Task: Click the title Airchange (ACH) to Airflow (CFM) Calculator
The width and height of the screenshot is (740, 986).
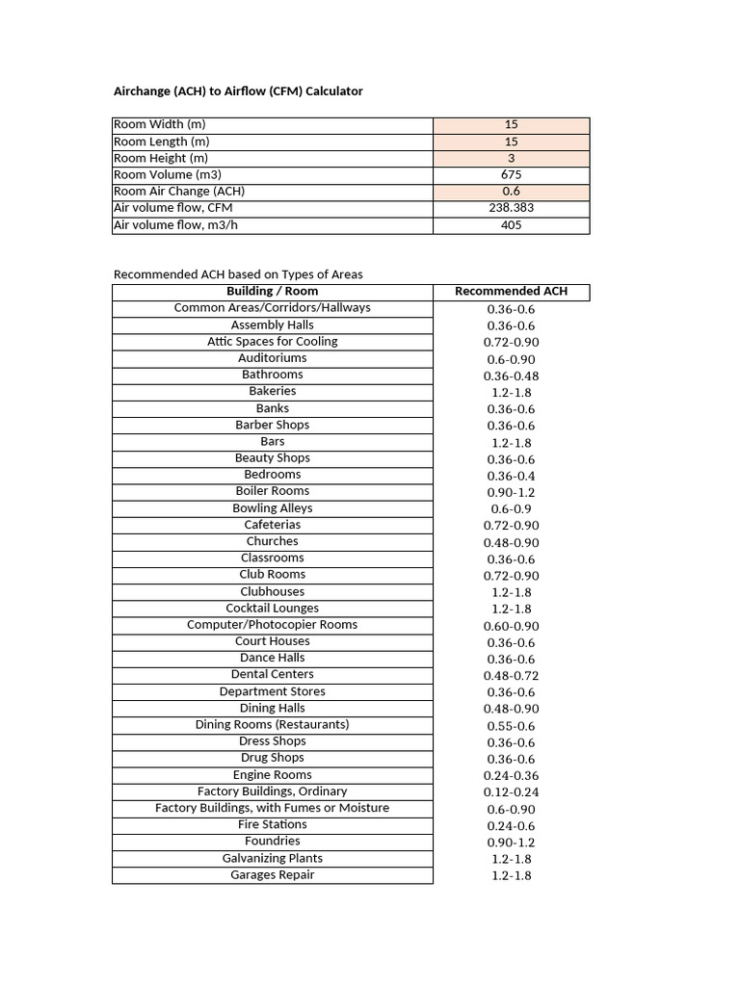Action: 238,91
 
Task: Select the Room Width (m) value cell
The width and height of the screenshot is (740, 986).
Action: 511,125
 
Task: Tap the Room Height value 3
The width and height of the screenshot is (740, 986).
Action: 511,159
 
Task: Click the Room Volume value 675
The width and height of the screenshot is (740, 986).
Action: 511,175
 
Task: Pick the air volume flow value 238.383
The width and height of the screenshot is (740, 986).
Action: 511,208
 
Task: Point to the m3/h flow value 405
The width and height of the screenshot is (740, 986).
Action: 511,225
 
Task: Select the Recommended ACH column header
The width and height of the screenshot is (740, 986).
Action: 511,292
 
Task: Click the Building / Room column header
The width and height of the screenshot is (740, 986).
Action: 272,291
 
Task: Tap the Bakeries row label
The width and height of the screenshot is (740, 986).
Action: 273,391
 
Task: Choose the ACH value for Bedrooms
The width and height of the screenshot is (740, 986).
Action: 511,476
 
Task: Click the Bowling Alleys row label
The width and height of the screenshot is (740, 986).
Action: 273,508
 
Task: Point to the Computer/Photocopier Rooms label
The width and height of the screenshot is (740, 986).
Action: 273,625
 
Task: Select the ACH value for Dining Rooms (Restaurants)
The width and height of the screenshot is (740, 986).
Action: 511,726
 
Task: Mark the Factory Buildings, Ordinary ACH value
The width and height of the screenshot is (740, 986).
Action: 511,792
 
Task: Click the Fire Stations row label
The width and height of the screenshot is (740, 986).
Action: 273,824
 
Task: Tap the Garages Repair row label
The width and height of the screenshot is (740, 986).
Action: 273,875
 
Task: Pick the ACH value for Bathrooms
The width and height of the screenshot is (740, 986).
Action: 511,376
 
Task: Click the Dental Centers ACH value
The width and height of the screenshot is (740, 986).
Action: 511,676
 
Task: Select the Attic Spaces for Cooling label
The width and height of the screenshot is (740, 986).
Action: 273,342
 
